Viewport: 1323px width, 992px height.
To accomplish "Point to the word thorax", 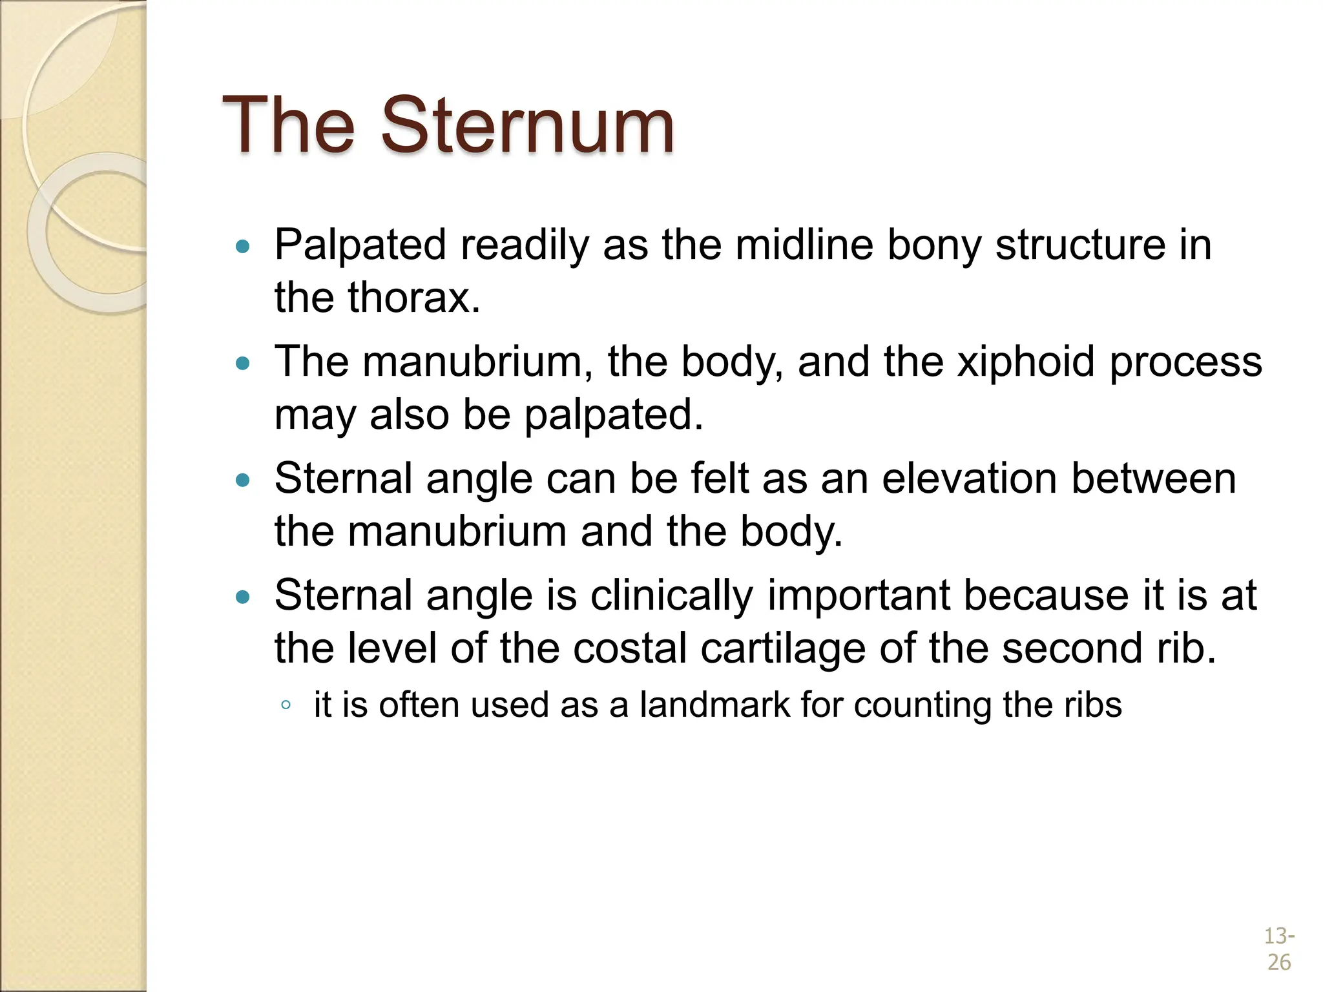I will point(413,298).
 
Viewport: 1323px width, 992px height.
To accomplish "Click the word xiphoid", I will point(1026,362).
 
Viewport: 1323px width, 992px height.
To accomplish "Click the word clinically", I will point(672,595).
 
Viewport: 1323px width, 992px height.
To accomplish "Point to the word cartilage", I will point(783,648).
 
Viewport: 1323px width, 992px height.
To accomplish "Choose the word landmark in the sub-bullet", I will point(714,705).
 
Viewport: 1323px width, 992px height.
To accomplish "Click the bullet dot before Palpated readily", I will point(243,246).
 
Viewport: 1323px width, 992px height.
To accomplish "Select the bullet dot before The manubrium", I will point(243,363).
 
